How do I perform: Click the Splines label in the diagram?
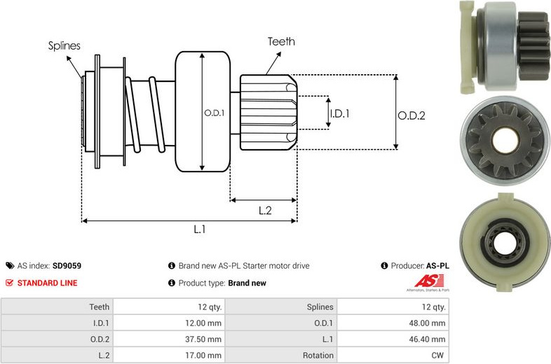(64, 45)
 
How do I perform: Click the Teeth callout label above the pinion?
(281, 41)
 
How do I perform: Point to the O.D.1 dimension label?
(215, 113)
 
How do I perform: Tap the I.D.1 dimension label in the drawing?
(340, 113)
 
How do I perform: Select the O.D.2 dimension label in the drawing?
(411, 115)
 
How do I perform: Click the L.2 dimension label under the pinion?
(265, 210)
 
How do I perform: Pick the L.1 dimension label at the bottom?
(200, 229)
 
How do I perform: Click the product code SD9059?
(67, 266)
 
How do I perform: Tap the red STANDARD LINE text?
(47, 283)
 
